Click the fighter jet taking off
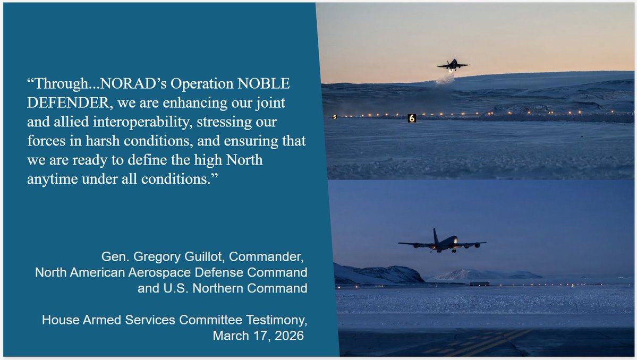(453, 65)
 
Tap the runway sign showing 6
(411, 118)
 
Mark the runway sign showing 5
(334, 117)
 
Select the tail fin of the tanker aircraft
(436, 235)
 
